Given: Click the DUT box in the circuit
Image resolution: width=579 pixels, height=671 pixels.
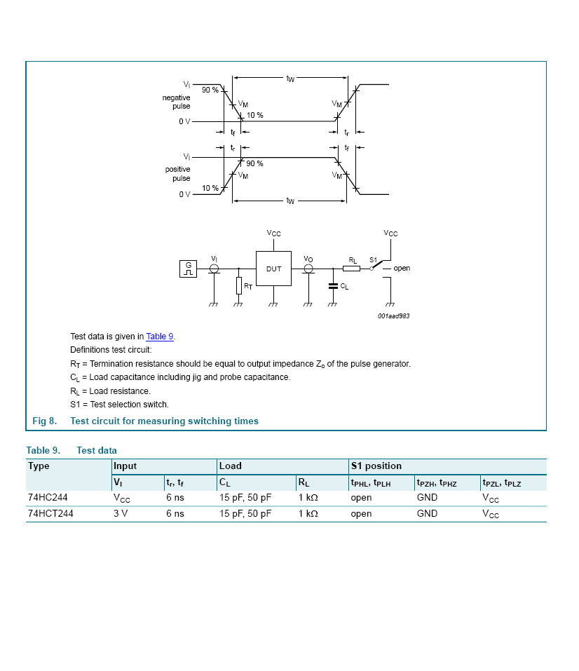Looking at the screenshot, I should [273, 269].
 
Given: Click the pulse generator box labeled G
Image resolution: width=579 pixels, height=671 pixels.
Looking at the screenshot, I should [188, 268].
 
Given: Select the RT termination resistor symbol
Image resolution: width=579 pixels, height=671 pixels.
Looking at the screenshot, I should [238, 285].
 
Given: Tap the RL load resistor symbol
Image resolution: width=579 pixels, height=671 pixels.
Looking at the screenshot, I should [352, 268].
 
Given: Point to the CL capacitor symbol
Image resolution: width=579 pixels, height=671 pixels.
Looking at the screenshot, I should [333, 285].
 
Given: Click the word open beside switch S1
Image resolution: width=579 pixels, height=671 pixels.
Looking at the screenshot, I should [402, 269].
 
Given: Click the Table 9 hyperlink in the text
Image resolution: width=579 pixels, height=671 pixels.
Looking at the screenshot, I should [160, 337].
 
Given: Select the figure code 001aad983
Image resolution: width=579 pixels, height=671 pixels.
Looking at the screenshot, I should [393, 316].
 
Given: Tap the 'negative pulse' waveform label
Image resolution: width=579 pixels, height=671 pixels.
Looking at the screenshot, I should [177, 102].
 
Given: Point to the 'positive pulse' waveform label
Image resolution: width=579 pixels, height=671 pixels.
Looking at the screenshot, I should [177, 174].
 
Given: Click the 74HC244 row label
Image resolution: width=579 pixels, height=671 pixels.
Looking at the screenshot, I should [48, 497].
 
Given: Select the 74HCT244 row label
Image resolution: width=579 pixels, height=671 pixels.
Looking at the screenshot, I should [50, 513].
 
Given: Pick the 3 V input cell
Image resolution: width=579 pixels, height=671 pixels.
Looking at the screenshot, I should [121, 513].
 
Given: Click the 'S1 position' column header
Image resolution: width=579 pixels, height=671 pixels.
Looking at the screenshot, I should [376, 466].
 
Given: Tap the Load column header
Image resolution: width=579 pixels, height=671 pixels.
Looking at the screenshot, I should [230, 466].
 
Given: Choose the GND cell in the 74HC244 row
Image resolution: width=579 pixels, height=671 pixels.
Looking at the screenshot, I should [427, 497].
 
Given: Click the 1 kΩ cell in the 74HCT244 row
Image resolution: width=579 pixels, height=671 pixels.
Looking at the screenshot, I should [308, 513].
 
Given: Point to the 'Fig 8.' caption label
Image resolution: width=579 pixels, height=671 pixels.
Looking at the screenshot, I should [44, 421].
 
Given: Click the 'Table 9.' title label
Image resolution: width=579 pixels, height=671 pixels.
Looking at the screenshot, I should [43, 450].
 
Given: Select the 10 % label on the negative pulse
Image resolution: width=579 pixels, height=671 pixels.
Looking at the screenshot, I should [254, 115].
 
